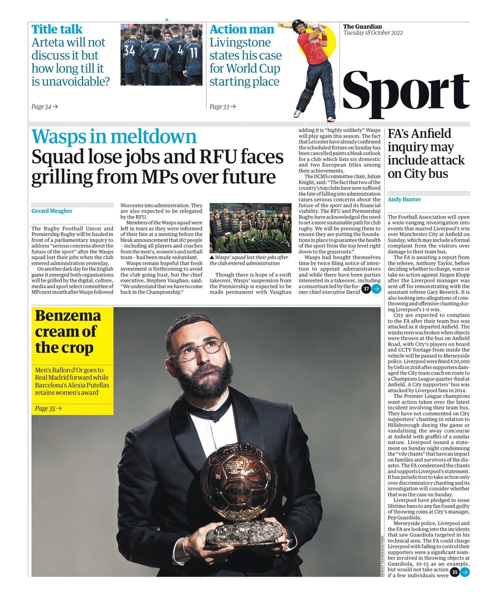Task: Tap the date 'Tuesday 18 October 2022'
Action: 374,33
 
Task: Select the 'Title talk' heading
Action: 57,29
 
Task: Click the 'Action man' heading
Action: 242,29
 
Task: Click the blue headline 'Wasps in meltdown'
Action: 114,137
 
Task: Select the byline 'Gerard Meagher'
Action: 52,211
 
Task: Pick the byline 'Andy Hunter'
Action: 404,199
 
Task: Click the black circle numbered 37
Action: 366,288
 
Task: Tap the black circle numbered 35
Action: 454,572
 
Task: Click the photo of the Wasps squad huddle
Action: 250,228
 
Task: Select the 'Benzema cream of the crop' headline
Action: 68,331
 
